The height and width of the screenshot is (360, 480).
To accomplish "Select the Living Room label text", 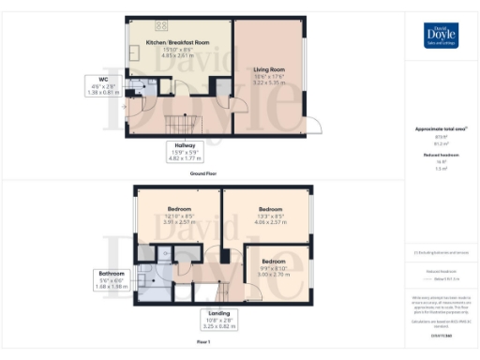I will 269,69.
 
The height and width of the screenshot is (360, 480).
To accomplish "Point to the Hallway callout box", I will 177,153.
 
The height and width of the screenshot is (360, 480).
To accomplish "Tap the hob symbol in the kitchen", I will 159,25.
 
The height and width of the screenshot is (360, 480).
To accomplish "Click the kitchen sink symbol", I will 132,55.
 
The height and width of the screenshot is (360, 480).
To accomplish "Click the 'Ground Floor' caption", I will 203,173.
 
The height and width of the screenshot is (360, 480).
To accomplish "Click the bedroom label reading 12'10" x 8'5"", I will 178,215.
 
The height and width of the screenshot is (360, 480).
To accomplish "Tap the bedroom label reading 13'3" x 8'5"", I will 270,215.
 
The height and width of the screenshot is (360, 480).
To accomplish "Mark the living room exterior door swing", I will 314,125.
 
